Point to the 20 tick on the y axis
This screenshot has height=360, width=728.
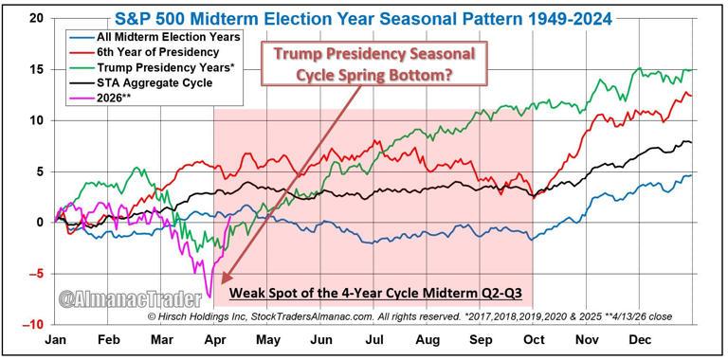(35, 19)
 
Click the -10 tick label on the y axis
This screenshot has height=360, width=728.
(33, 324)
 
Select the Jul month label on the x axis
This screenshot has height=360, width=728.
(374, 339)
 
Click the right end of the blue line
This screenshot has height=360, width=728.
(690, 175)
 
